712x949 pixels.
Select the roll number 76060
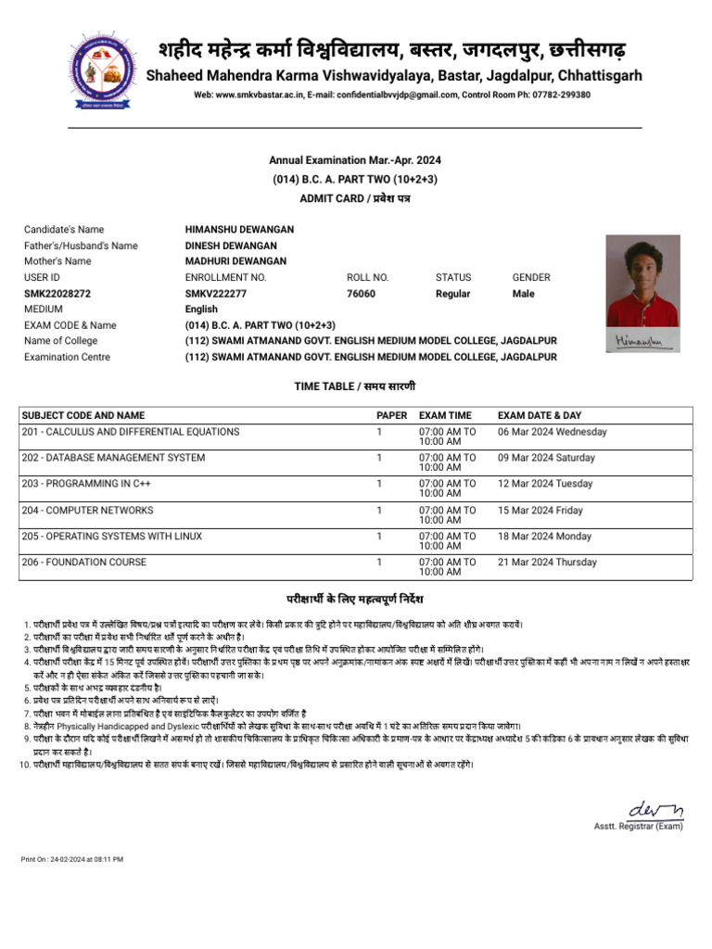[361, 294]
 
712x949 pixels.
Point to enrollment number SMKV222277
[216, 294]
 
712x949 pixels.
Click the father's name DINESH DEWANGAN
[231, 246]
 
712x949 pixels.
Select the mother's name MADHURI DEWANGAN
[235, 261]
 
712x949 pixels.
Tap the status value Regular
[452, 294]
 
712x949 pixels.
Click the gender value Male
[524, 294]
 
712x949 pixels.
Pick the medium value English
[202, 310]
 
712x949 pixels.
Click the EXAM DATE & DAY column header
[540, 415]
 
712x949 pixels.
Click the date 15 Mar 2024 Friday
[540, 510]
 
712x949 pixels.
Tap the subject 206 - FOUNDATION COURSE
[84, 562]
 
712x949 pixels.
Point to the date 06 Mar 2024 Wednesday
[553, 432]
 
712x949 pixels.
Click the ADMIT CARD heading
[355, 198]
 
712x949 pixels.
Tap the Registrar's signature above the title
[655, 808]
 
